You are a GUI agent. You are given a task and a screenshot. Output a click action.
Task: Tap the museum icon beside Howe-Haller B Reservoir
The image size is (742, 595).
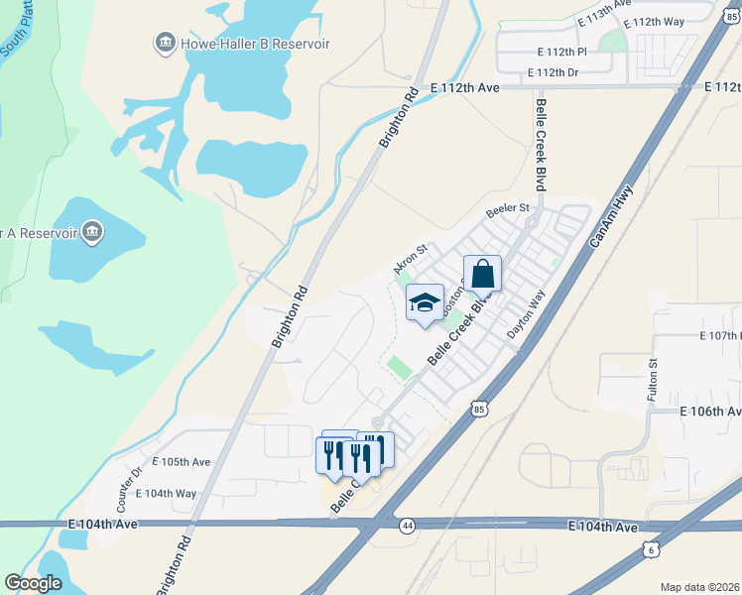pos(165,43)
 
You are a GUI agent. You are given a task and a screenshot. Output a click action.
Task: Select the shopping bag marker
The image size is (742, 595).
pos(482,274)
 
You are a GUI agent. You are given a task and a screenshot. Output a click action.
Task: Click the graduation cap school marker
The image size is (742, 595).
pos(425,303)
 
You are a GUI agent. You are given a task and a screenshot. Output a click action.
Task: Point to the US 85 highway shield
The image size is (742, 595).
pos(480,408)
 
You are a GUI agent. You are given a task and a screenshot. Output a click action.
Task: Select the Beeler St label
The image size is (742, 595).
pos(509,211)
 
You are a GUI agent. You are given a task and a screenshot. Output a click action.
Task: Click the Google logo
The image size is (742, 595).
pos(34,582)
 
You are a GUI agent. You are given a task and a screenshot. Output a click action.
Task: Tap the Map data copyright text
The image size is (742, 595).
pos(698,587)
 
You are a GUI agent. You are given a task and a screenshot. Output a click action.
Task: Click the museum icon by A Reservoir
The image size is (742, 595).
pos(92,233)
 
